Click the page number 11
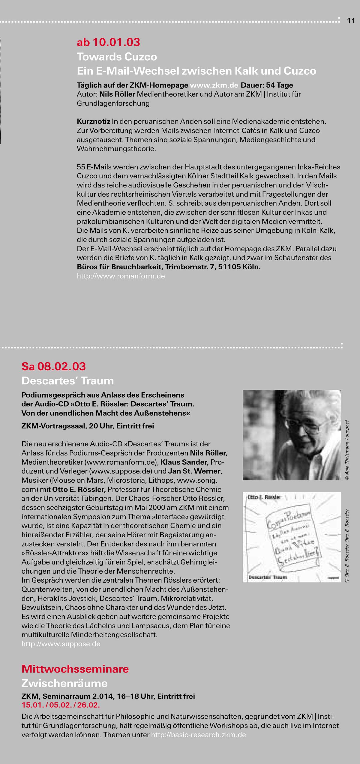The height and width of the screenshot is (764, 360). click(x=351, y=21)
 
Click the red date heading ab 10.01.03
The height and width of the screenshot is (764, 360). click(x=108, y=42)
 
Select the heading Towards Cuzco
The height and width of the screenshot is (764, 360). click(x=117, y=57)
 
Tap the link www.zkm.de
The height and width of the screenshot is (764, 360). click(x=214, y=85)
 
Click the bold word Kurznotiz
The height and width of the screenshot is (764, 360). click(x=93, y=122)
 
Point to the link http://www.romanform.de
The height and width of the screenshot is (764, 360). click(x=121, y=276)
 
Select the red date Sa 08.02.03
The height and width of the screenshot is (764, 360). click(x=53, y=366)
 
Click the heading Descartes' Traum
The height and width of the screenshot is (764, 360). click(x=67, y=381)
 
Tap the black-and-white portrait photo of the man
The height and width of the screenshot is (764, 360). click(x=292, y=435)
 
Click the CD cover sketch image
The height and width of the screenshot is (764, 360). click(x=292, y=537)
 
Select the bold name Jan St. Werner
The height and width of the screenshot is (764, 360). click(x=194, y=471)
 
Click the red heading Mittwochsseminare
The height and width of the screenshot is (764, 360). click(x=75, y=669)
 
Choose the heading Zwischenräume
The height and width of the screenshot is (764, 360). click(x=64, y=683)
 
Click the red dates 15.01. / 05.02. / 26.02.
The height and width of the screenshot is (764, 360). click(x=61, y=705)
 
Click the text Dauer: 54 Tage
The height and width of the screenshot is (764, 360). click(x=267, y=85)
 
